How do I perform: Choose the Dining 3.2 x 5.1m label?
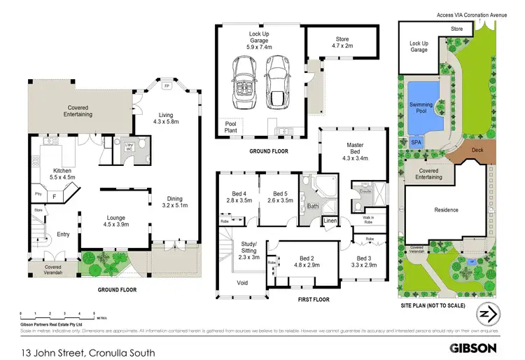point(174,202)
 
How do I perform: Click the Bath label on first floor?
point(312,207)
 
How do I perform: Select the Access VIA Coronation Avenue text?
point(470,13)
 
